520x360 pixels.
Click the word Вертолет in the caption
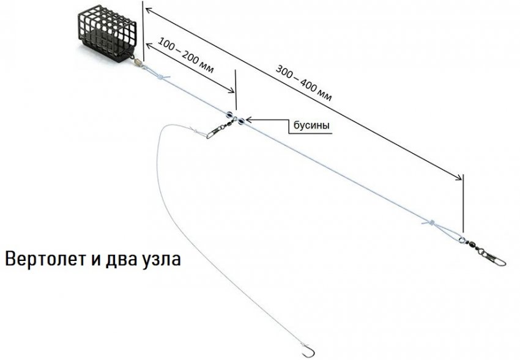pos(43,259)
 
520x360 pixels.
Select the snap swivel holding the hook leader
pos(218,126)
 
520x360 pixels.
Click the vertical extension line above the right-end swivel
pos(463,202)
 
